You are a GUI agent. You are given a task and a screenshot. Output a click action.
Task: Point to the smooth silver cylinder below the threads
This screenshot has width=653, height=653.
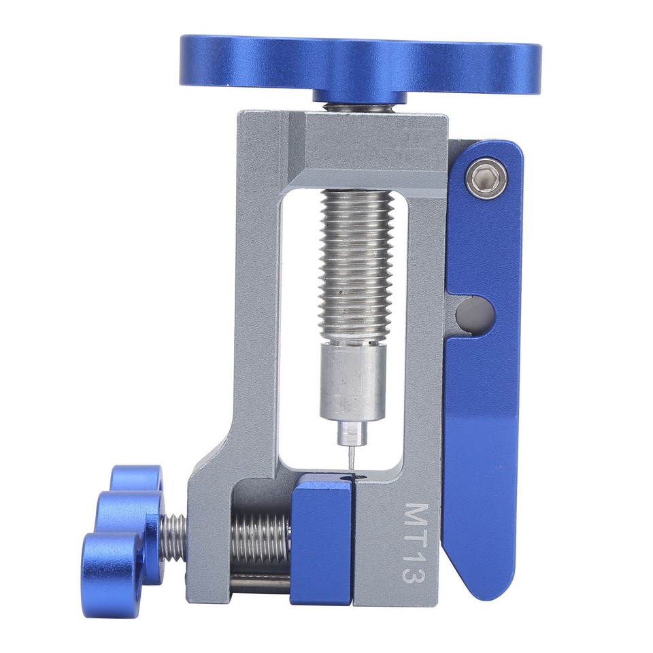pyautogui.click(x=353, y=381)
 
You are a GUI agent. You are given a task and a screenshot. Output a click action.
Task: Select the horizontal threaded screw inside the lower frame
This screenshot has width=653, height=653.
pyautogui.click(x=262, y=537)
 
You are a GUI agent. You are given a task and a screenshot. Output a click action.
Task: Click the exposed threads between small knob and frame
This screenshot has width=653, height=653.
pyautogui.click(x=175, y=537)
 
